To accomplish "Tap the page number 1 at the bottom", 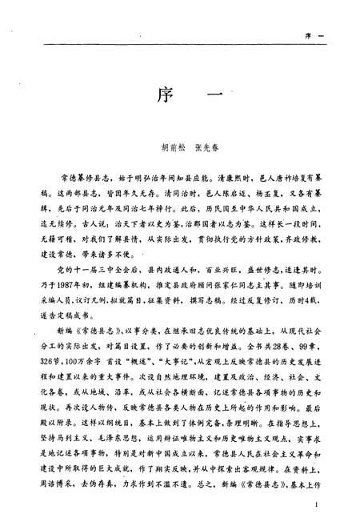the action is [x=318, y=504].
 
